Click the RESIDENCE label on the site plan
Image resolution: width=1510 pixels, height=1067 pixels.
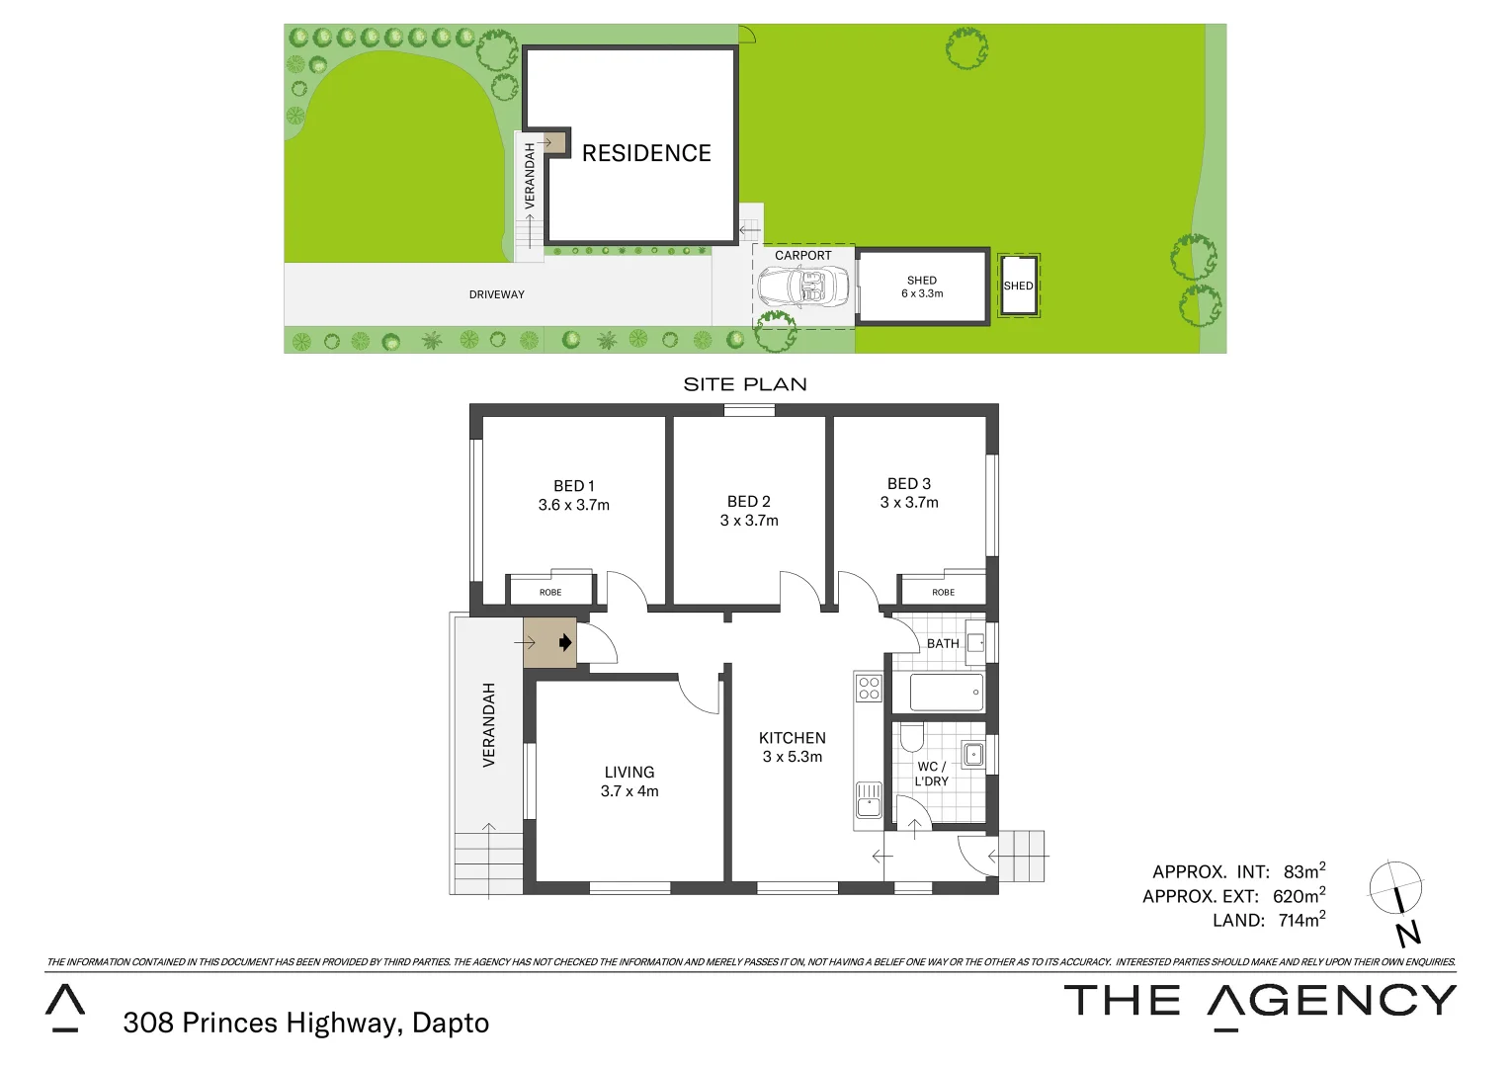(646, 153)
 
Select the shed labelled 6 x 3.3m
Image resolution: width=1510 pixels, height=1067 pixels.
(922, 287)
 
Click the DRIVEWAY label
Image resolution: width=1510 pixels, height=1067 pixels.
(496, 294)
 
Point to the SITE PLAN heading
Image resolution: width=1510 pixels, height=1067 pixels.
(745, 384)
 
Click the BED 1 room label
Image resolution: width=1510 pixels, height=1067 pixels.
(573, 486)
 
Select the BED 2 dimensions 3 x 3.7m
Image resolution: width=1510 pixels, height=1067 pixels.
(749, 521)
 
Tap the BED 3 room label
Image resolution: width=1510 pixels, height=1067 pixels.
(908, 484)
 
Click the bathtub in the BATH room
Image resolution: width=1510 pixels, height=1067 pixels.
(946, 693)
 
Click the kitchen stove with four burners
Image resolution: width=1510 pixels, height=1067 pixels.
(869, 688)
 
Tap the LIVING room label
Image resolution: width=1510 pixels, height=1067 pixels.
(629, 773)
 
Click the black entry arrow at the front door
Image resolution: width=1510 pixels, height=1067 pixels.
(565, 643)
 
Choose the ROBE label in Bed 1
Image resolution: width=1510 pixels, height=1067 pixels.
(550, 593)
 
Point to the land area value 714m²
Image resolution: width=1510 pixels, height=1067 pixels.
(1300, 921)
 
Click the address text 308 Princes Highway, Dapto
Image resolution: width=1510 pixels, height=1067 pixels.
(305, 1023)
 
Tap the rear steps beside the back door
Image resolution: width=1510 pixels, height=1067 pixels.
(1022, 856)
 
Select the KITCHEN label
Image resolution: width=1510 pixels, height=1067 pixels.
(792, 738)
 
